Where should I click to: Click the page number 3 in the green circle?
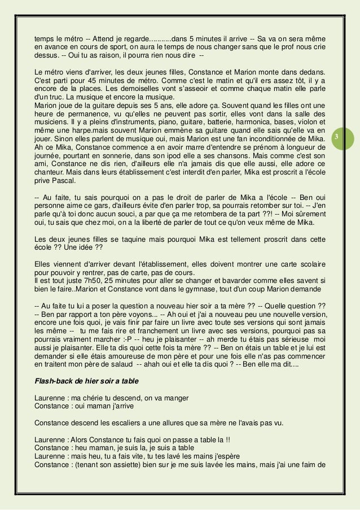click(x=336, y=137)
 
